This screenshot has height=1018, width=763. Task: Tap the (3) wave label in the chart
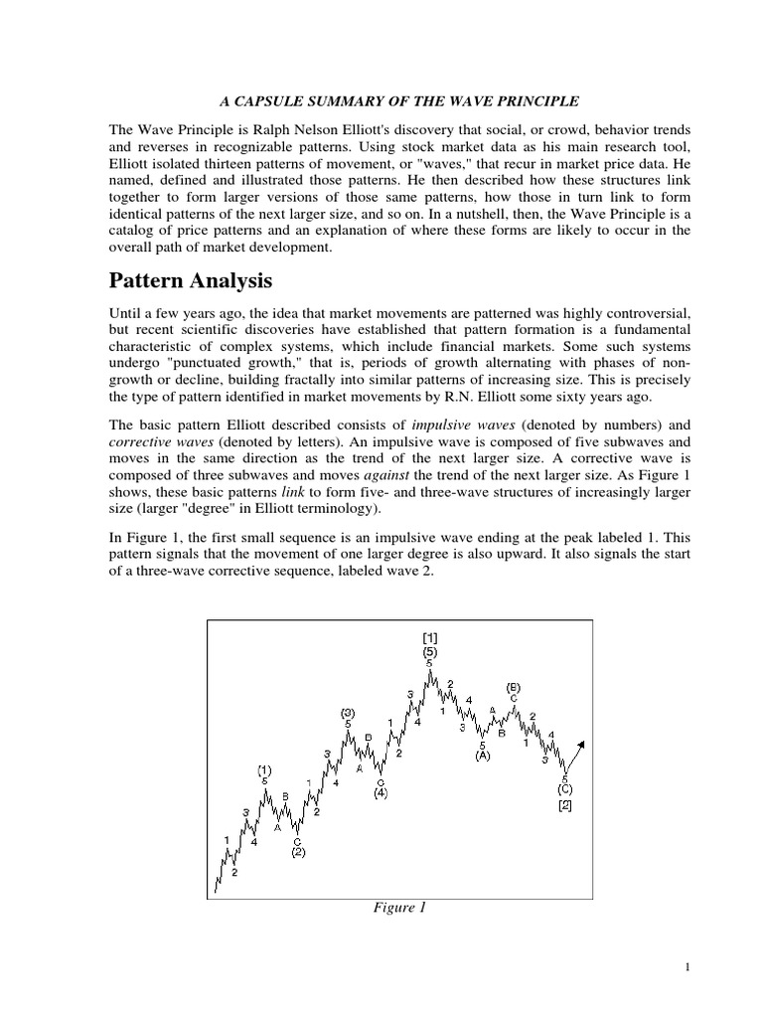[x=348, y=712]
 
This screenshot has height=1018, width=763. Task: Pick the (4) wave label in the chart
[x=381, y=793]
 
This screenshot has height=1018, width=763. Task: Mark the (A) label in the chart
[x=483, y=756]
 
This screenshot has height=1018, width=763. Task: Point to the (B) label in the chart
[x=514, y=686]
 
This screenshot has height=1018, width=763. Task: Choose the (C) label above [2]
[x=564, y=789]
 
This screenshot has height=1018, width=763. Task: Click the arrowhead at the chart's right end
[x=583, y=744]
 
